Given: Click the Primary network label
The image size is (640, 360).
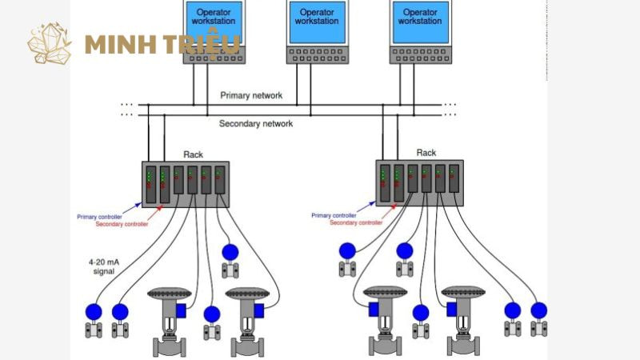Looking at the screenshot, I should click(251, 95).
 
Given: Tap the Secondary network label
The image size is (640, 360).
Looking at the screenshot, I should click(256, 124).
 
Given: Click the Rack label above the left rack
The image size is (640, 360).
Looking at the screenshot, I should click(193, 154).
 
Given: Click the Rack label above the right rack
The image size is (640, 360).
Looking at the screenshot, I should click(426, 153).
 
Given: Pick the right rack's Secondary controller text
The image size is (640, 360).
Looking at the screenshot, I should click(355, 222).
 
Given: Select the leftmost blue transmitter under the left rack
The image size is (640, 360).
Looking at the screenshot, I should click(94, 312).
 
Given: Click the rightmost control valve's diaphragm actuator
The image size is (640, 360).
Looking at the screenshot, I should click(463, 292).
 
